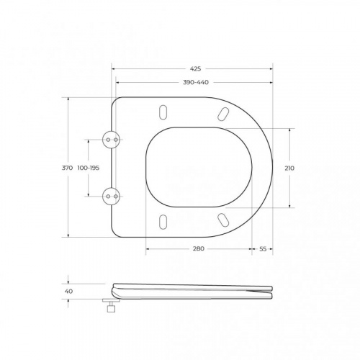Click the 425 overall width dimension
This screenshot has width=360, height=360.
click(195, 70)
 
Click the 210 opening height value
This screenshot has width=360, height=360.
click(289, 168)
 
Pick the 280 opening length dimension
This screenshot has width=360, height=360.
click(199, 248)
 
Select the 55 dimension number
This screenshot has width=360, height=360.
click(263, 248)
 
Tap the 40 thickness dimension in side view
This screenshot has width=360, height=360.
click(69, 291)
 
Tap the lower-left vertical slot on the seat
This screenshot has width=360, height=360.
click(163, 221)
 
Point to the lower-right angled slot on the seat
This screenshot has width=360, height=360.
click(222, 219)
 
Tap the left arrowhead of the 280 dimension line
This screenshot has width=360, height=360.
click(148, 248)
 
